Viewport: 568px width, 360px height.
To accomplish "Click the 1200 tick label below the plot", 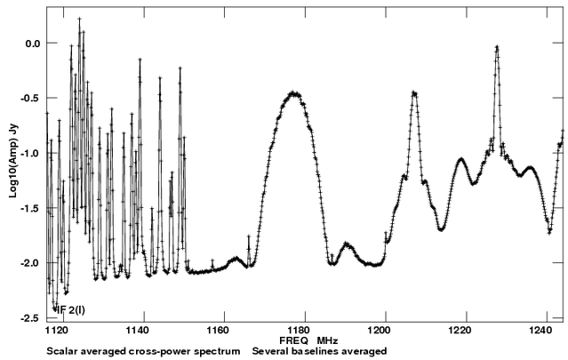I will click(x=386, y=329).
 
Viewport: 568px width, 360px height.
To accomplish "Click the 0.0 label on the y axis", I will click(x=33, y=44).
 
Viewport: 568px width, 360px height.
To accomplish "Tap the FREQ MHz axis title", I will click(x=304, y=340).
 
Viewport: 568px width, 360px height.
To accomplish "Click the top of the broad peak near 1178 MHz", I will click(x=294, y=92).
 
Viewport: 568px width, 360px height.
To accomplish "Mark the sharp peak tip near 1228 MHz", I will click(x=497, y=47).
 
